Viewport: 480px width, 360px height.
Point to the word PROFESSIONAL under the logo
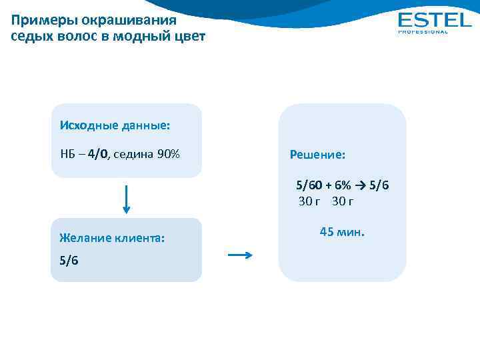(423, 31)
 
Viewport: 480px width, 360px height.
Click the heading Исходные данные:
(114, 125)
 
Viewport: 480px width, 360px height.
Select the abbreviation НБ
(68, 155)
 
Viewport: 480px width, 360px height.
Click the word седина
(133, 155)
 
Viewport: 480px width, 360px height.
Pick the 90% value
(168, 155)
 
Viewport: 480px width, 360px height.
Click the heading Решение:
(317, 155)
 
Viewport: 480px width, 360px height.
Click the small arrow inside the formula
(361, 185)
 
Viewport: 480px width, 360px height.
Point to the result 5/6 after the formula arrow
(379, 185)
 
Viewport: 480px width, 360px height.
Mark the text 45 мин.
(343, 233)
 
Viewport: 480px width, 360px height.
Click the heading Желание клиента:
(112, 237)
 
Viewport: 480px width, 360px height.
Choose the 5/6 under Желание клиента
(69, 261)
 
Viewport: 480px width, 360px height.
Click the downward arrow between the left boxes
(126, 199)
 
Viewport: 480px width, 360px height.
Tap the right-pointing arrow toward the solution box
(240, 255)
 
